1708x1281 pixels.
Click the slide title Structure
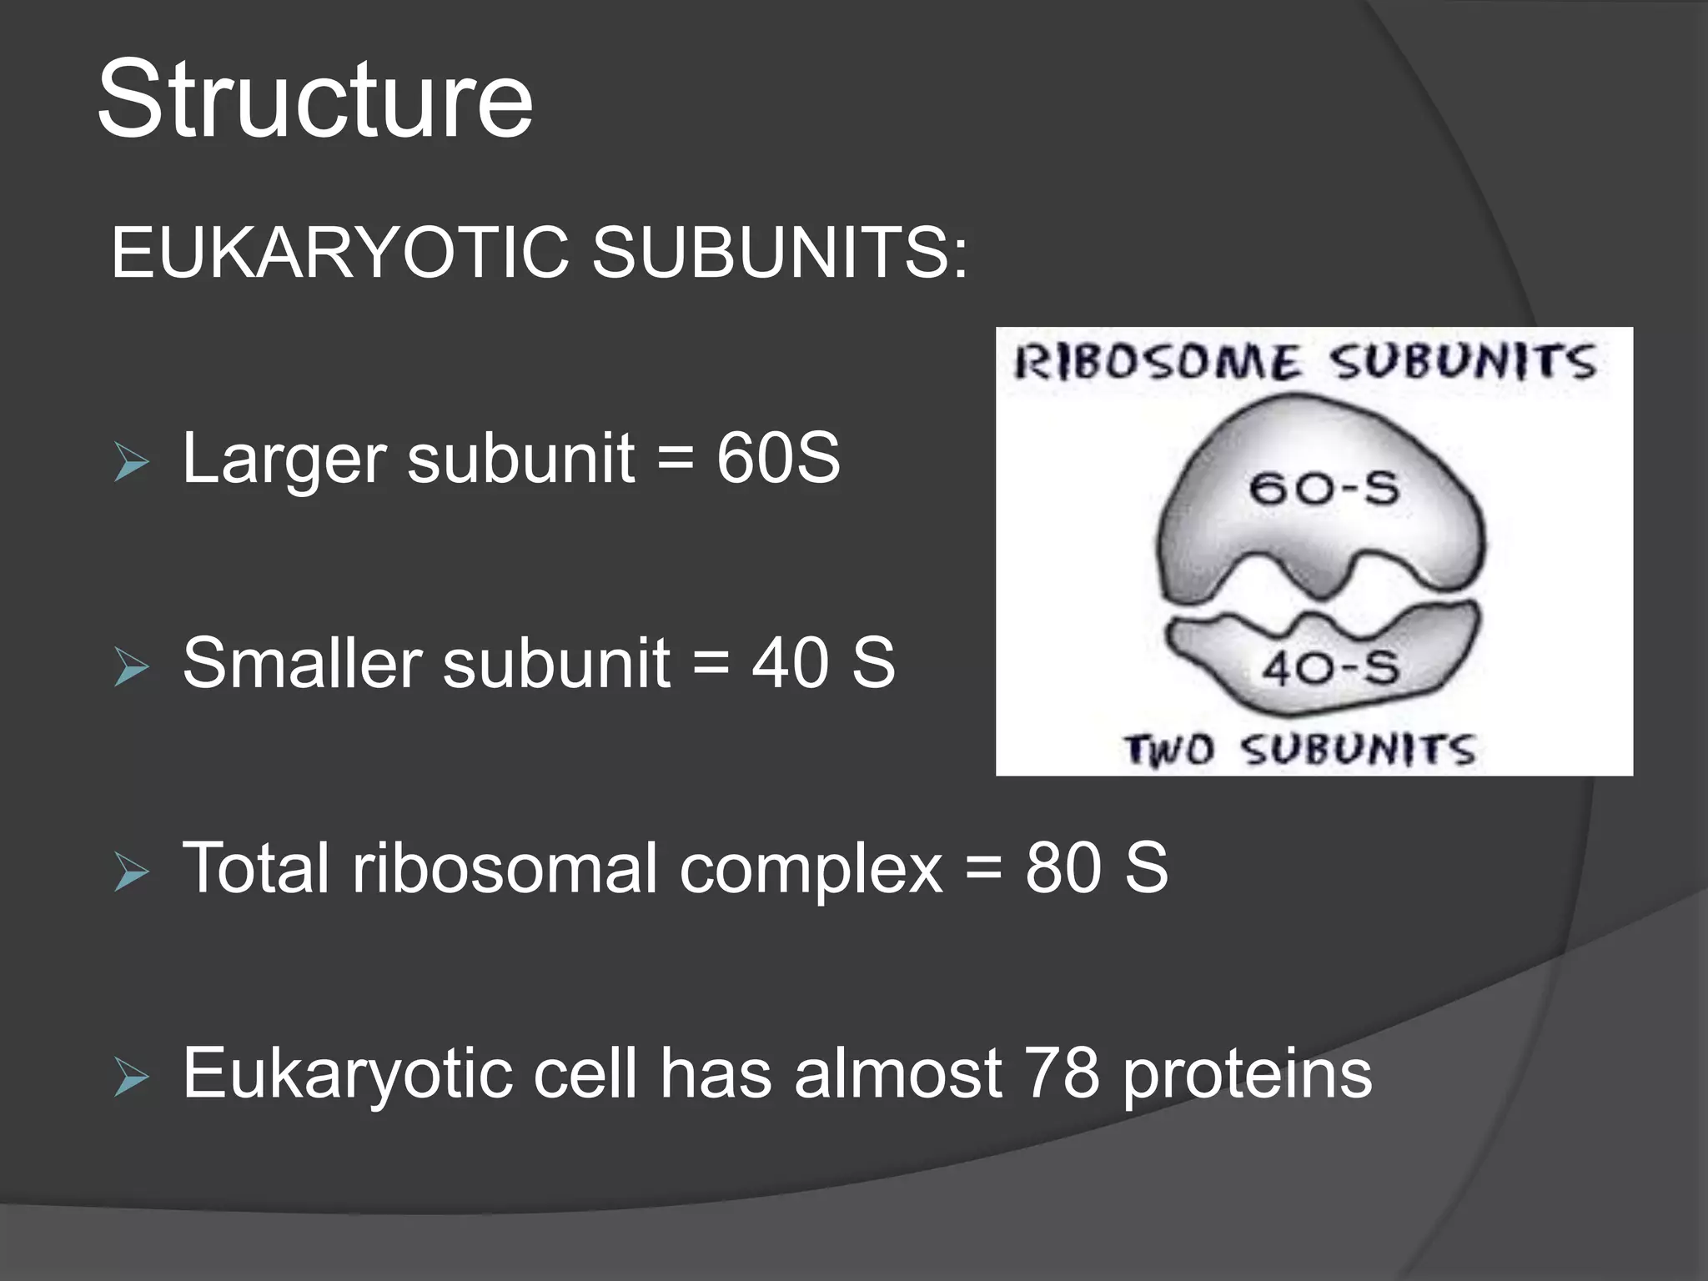click(x=314, y=100)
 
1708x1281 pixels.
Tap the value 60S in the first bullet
click(x=777, y=458)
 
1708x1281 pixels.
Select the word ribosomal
click(x=505, y=868)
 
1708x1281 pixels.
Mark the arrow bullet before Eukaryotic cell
click(x=131, y=1078)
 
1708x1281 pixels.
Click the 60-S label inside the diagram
click(x=1323, y=488)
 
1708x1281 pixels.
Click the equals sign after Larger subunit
click(x=675, y=460)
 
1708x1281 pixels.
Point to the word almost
click(x=897, y=1073)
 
